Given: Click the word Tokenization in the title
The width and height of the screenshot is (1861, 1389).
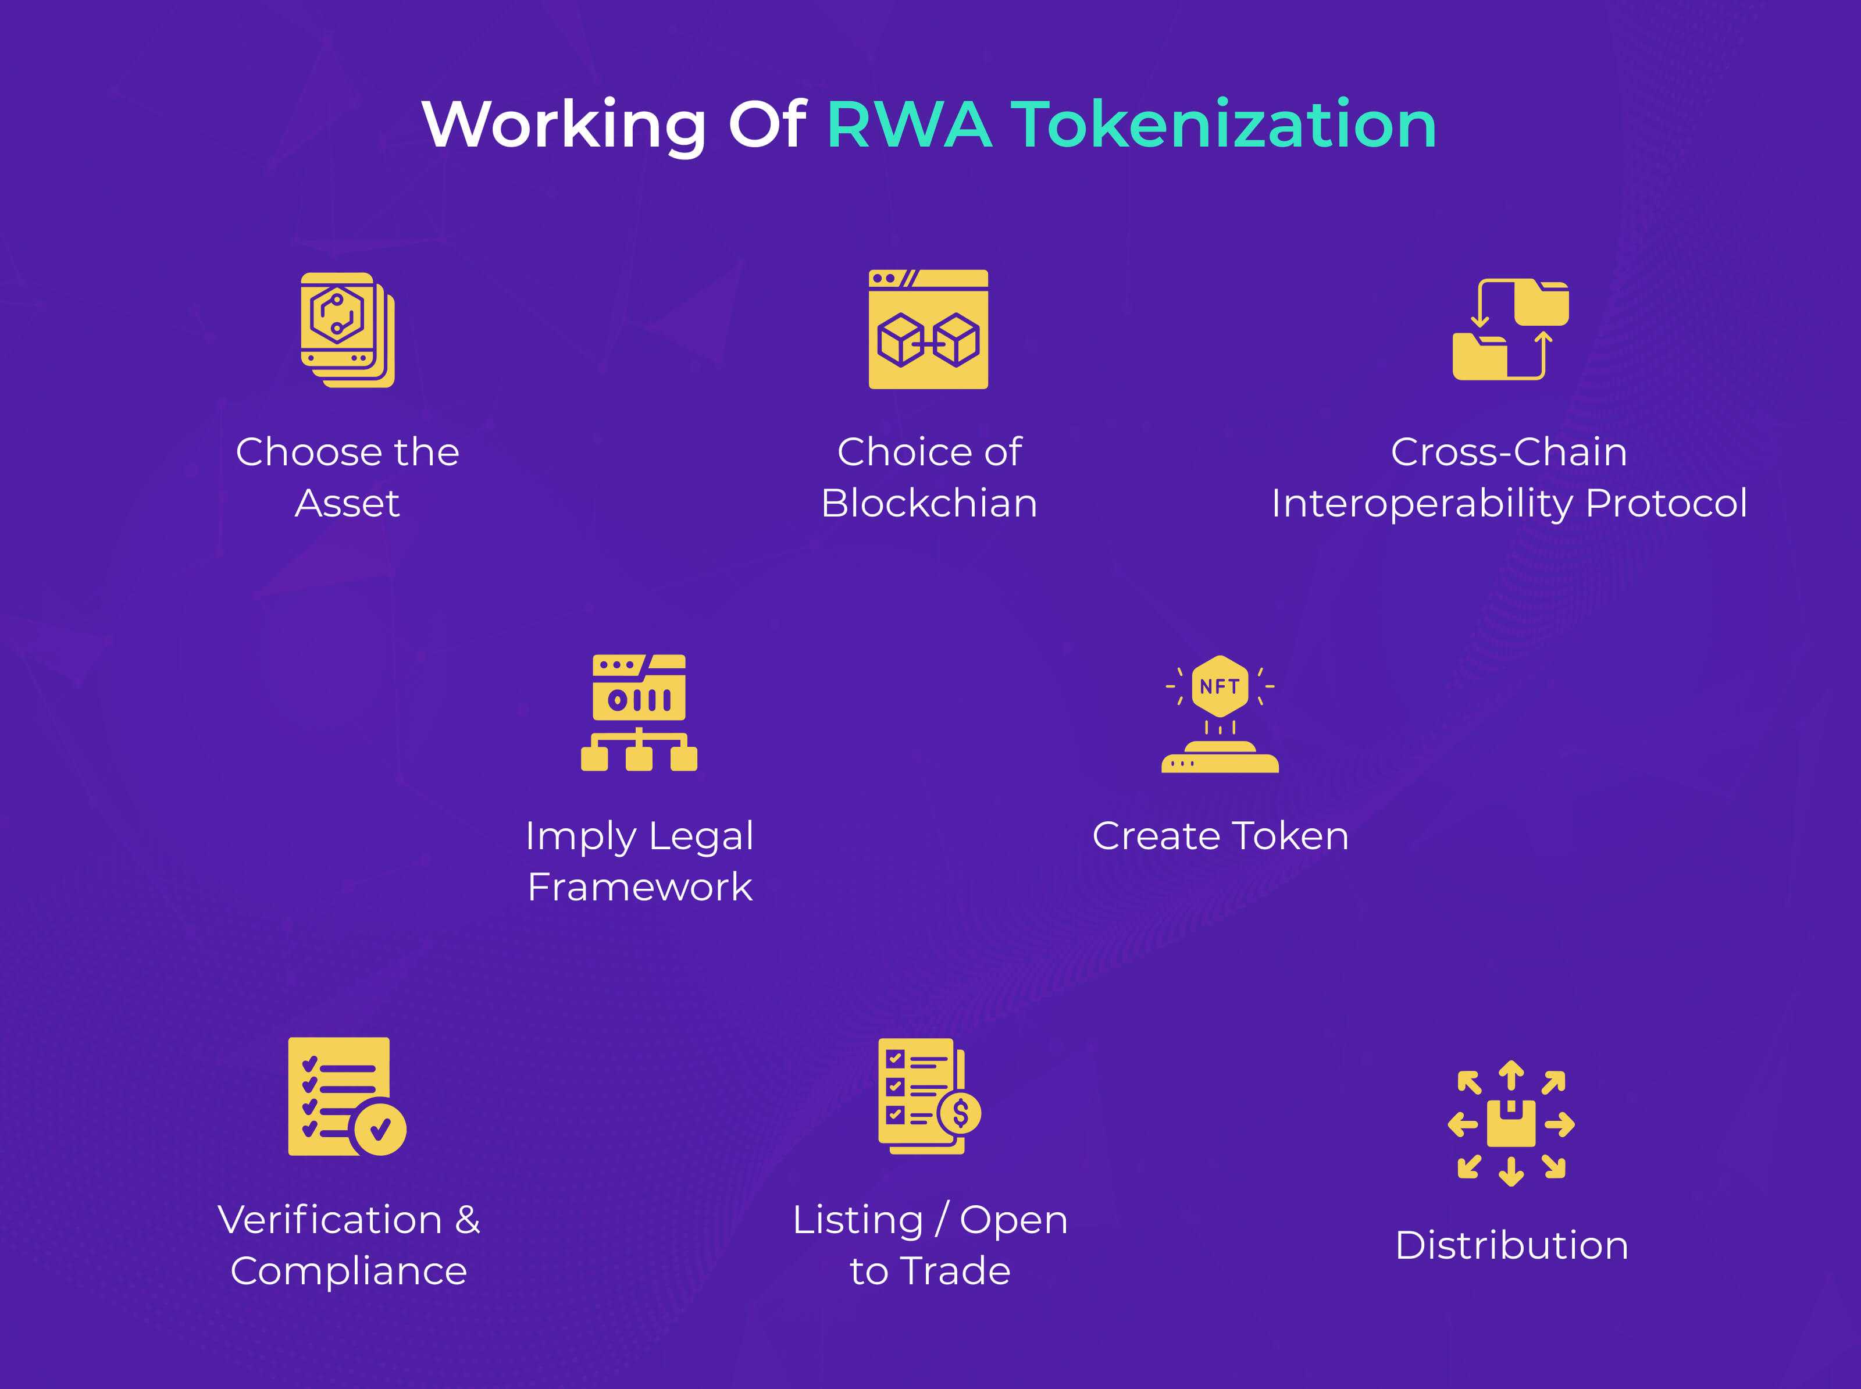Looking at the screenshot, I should (1223, 124).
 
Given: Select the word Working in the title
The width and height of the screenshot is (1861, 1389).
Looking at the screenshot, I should (563, 124).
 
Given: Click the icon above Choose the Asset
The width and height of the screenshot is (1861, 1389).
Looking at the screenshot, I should (347, 330).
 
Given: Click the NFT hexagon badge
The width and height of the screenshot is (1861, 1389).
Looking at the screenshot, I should (1220, 686).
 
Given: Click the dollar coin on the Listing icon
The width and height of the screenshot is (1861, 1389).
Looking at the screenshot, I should (960, 1113).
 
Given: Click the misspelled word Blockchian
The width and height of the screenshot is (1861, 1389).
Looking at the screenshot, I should (929, 503).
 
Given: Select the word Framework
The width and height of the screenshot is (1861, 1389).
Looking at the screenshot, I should (640, 887).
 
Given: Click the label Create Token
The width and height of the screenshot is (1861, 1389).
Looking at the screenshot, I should (1220, 836).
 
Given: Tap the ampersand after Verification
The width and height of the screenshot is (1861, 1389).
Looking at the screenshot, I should (468, 1220).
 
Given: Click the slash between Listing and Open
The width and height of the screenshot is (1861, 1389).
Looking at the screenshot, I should (942, 1220).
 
